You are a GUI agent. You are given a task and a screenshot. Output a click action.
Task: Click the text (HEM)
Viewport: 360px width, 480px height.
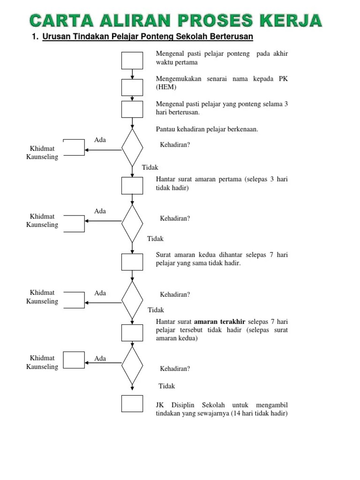pos(166,87)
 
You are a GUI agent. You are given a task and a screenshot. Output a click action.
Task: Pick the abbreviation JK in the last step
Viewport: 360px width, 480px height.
pos(160,405)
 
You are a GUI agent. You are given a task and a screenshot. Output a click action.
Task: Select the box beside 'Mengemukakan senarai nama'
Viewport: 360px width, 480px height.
pos(132,87)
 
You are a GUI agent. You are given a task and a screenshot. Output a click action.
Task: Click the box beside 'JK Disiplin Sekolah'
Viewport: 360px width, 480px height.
pos(132,404)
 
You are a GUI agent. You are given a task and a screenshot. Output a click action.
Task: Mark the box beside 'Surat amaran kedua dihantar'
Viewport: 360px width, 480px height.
pos(132,262)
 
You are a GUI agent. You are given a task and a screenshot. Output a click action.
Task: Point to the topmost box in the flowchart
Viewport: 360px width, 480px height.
pos(132,60)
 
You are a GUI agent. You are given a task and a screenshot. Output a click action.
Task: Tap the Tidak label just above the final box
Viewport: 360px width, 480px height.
pos(166,386)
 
